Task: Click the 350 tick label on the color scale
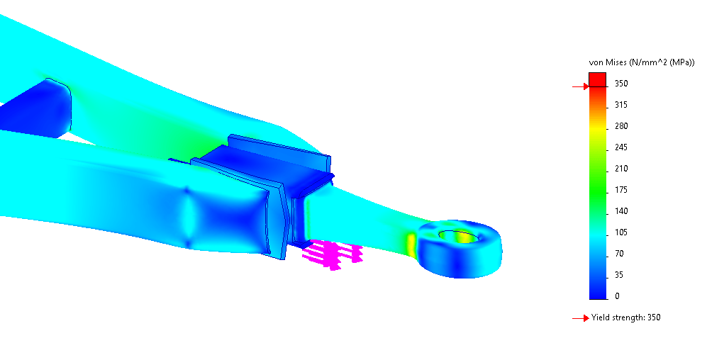click(x=621, y=84)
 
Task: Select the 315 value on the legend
click(x=621, y=105)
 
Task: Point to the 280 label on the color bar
click(x=621, y=126)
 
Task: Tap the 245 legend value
click(x=621, y=147)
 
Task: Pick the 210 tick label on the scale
click(x=621, y=169)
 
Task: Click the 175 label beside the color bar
click(x=621, y=190)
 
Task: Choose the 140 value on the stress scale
click(x=621, y=211)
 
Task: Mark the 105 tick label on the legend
click(x=621, y=232)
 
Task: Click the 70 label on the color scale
click(x=619, y=254)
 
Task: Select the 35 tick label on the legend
click(x=619, y=275)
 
